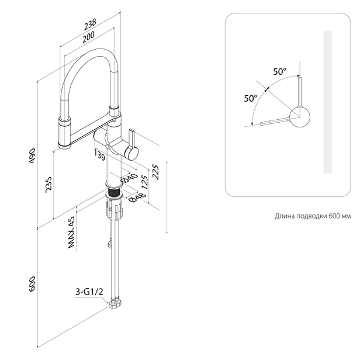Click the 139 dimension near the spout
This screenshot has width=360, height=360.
[99, 154]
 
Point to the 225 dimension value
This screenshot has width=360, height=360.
[155, 171]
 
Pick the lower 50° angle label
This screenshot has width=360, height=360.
[251, 98]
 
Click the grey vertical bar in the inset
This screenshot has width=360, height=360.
[327, 102]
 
